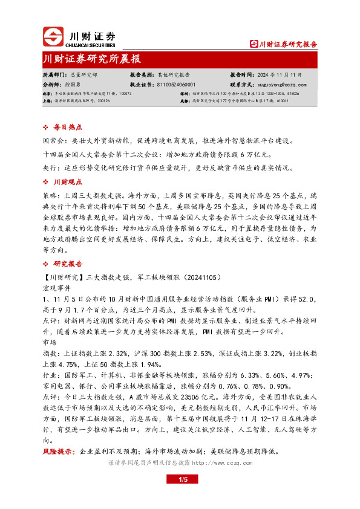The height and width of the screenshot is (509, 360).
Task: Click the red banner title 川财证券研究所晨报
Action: (92, 59)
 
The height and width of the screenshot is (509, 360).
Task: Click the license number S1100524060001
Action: (175, 85)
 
